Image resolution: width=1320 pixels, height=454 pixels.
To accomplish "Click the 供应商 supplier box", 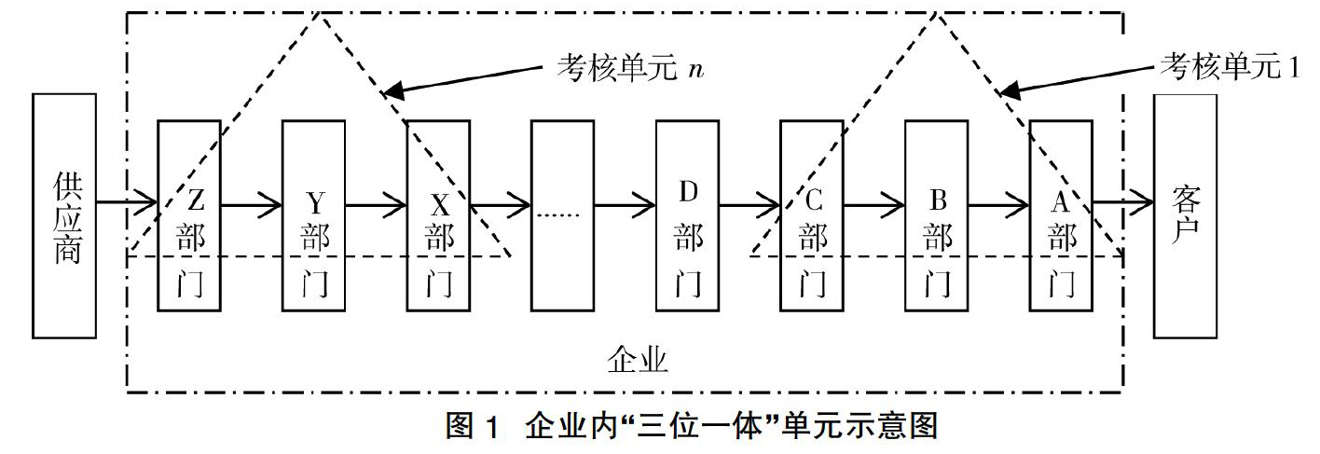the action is point(64,215).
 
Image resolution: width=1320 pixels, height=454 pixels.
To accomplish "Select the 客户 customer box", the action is point(1185,215).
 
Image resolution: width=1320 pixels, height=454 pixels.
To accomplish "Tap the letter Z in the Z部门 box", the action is point(196,200).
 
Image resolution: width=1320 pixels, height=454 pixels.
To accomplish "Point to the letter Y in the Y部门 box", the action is point(316,203).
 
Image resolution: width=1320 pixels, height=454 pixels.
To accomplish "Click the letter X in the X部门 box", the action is point(440,205).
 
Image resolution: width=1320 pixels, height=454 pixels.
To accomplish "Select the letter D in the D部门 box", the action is point(688,192).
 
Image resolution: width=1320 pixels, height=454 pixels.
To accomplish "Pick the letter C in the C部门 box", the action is point(814,200).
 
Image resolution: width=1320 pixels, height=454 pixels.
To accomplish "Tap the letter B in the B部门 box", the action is point(938,200).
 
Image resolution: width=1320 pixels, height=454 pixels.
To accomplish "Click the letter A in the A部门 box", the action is point(1060,202).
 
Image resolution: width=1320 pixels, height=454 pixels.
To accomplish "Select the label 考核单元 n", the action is point(630,68).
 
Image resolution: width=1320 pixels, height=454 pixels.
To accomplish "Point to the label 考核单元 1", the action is point(1231,65).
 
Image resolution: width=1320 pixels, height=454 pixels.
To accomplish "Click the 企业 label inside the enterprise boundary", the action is point(638,359).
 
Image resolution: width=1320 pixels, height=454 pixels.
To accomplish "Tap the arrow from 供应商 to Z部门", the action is point(127,203).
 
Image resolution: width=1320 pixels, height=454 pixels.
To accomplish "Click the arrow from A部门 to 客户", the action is point(1122,203).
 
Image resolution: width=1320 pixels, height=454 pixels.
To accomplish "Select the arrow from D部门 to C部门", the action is point(749,205).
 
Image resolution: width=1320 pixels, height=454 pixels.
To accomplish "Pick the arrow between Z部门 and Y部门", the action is point(251,205).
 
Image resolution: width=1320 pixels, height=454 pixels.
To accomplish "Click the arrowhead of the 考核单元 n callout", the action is point(393,90).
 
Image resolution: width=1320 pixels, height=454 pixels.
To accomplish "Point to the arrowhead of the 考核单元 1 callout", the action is point(1010,89).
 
